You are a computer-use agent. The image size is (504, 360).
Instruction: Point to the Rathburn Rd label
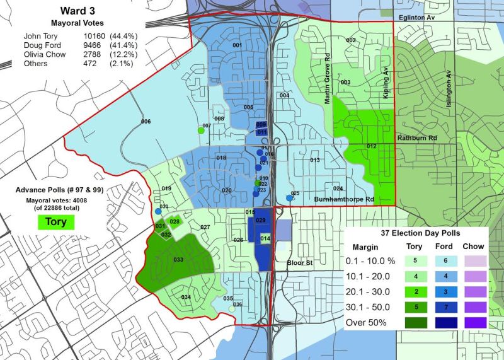pyautogui.click(x=413, y=137)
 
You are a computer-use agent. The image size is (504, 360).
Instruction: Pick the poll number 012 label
pyautogui.click(x=372, y=146)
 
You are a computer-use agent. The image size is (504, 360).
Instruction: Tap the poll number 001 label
pyautogui.click(x=238, y=45)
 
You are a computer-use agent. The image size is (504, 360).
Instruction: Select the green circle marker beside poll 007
pyautogui.click(x=201, y=131)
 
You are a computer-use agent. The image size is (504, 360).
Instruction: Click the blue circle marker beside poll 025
pyautogui.click(x=289, y=198)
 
